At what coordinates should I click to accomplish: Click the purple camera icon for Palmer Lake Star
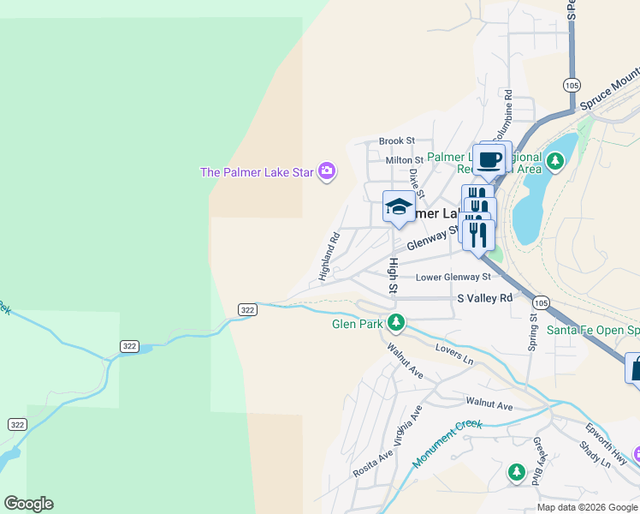(x=326, y=172)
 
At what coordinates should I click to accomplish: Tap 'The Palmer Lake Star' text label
(x=257, y=172)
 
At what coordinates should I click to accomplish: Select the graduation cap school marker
(x=398, y=206)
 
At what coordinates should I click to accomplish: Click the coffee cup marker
(x=489, y=159)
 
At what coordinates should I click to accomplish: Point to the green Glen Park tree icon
(x=395, y=323)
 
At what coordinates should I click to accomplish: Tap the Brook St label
(x=396, y=140)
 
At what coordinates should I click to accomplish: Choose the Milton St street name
(x=404, y=160)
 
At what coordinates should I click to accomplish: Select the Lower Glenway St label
(x=453, y=277)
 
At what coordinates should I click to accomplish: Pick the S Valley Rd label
(x=484, y=297)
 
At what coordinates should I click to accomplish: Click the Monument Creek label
(x=447, y=443)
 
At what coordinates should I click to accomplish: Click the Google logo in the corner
(x=28, y=504)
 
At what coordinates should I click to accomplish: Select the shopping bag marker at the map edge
(x=634, y=368)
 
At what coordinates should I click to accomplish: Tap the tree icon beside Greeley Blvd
(x=516, y=472)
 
